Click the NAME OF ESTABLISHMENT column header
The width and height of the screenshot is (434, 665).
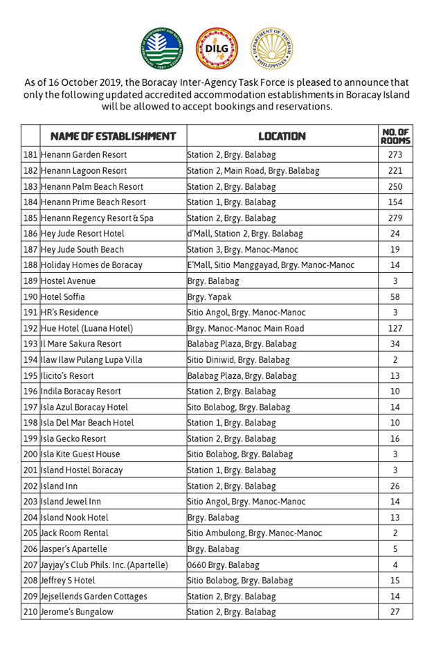(108, 136)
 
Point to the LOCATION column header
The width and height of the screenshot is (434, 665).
(282, 136)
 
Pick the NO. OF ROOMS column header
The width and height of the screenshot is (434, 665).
(395, 136)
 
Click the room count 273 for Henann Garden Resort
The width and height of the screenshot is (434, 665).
(395, 155)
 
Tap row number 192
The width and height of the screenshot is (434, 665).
(30, 328)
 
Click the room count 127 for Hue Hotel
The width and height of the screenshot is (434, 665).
(395, 328)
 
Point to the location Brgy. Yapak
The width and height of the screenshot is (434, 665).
(208, 296)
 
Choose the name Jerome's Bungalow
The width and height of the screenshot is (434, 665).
(78, 612)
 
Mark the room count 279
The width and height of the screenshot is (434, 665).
(395, 218)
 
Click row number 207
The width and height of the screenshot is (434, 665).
(30, 565)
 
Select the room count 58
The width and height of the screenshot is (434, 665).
(395, 296)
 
